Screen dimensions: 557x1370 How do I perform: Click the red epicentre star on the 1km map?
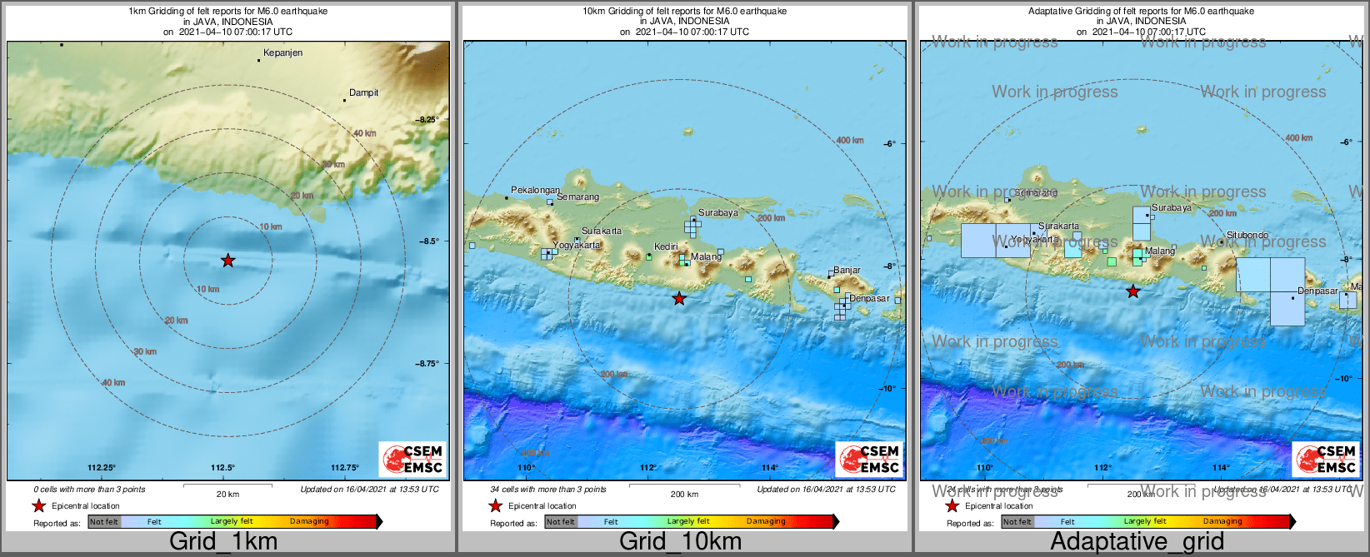click(227, 261)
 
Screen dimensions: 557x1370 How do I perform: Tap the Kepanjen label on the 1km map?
click(282, 53)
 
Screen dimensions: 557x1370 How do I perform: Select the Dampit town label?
click(363, 93)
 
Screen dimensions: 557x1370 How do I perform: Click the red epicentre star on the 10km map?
click(679, 298)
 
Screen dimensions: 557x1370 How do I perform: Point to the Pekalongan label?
click(535, 191)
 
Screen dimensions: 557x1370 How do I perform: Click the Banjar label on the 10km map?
click(847, 271)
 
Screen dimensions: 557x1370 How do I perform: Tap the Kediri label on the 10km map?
click(666, 247)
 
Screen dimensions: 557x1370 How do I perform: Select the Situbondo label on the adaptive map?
click(1247, 236)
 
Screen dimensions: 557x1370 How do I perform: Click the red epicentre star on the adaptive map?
click(1132, 291)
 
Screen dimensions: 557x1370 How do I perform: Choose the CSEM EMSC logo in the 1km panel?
click(412, 459)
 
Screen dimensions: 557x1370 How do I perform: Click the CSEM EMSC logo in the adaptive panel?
click(1326, 459)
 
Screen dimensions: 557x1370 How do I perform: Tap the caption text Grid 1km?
click(223, 541)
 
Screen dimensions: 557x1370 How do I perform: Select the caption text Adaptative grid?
click(1137, 541)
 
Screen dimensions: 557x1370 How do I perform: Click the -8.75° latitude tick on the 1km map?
click(428, 364)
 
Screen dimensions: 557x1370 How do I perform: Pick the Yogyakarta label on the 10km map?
click(577, 246)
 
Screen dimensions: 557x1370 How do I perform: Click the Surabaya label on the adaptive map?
click(1171, 208)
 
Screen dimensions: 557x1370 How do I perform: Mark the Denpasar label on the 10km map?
click(869, 299)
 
